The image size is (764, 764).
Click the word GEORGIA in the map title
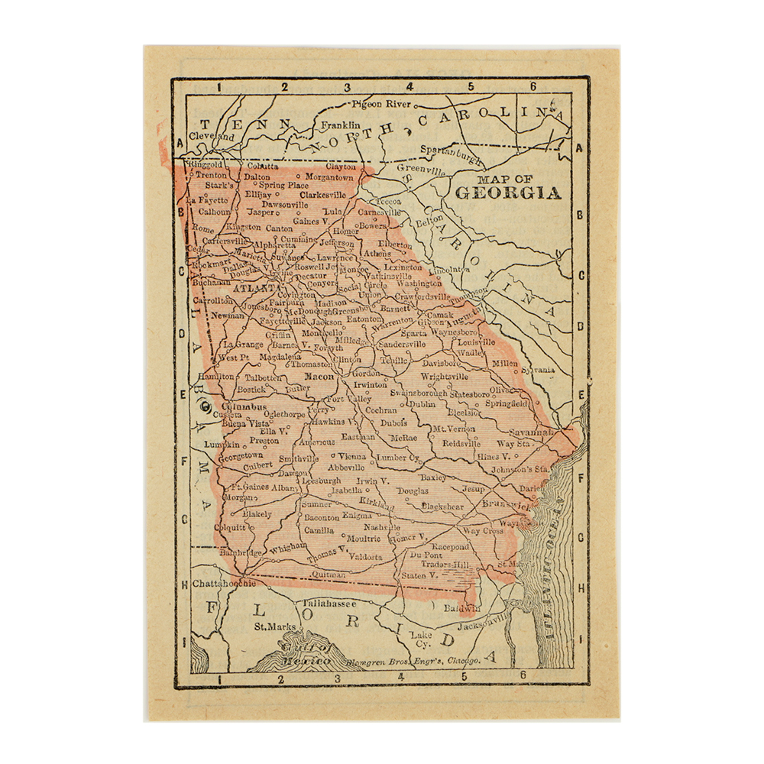508,193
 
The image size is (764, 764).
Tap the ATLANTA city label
255,289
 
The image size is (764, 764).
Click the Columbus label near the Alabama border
244,408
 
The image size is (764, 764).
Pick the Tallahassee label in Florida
329,603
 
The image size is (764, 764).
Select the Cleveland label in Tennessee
212,136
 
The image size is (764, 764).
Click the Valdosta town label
365,557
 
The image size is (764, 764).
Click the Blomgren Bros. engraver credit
413,659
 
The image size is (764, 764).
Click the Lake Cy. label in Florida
421,639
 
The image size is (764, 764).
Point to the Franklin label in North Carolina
340,125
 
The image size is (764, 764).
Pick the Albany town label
284,487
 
